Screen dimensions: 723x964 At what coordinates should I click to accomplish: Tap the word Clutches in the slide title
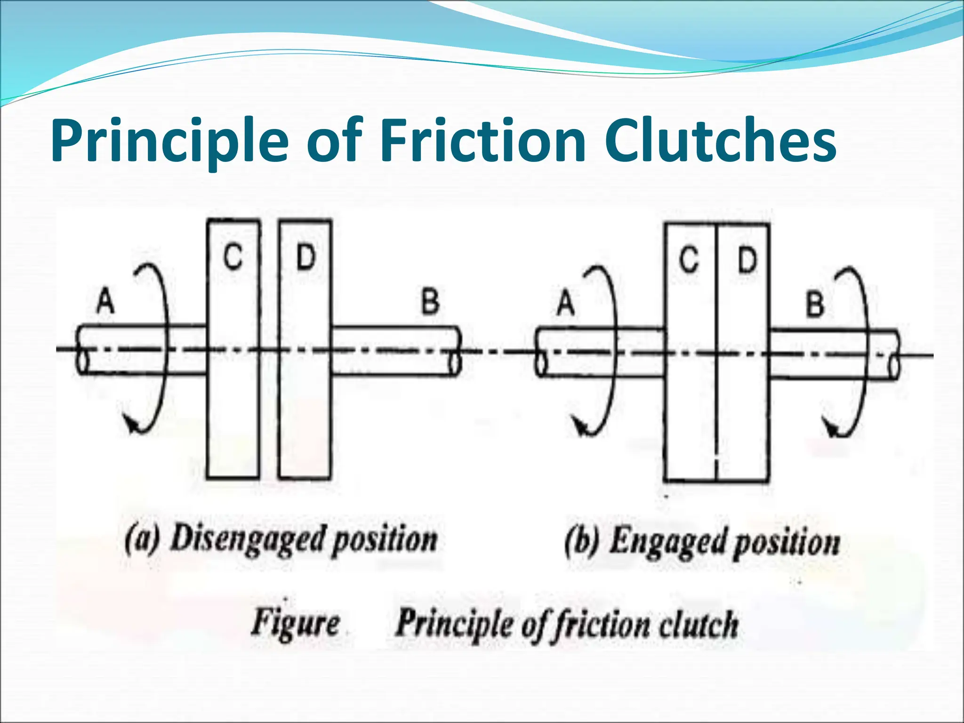pyautogui.click(x=720, y=140)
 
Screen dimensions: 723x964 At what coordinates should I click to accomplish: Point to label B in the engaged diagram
pyautogui.click(x=815, y=304)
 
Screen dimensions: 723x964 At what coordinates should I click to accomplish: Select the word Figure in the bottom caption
pyautogui.click(x=295, y=623)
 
